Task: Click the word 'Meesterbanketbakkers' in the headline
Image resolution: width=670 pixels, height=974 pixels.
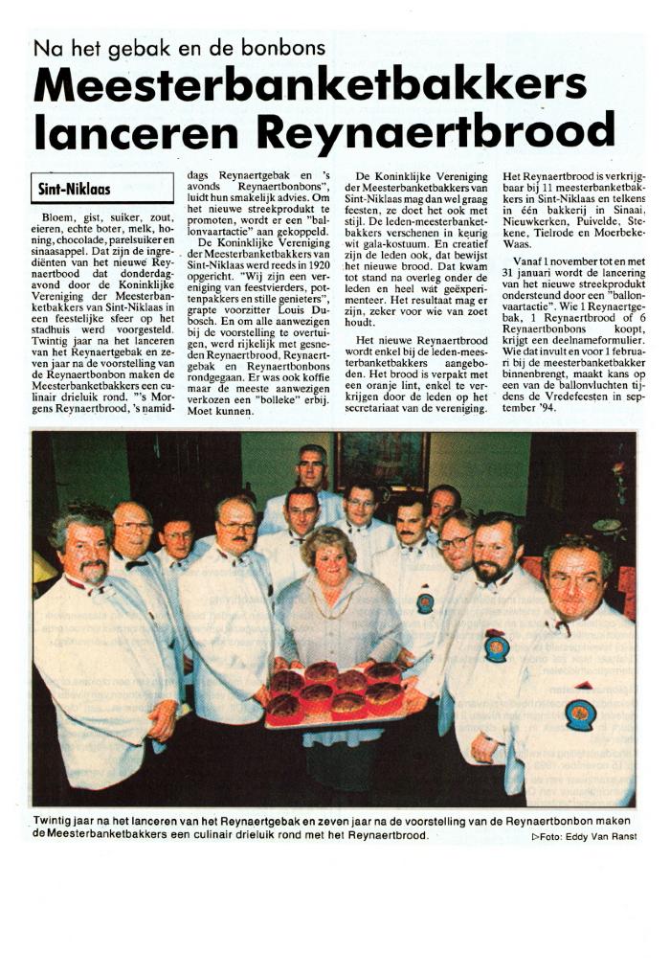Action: pyautogui.click(x=309, y=86)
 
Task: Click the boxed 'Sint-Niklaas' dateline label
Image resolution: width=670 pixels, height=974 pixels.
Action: pyautogui.click(x=74, y=189)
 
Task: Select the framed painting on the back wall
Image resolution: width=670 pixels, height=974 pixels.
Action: pyautogui.click(x=381, y=459)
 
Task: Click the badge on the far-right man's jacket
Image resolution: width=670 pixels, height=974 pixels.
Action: pyautogui.click(x=580, y=714)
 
